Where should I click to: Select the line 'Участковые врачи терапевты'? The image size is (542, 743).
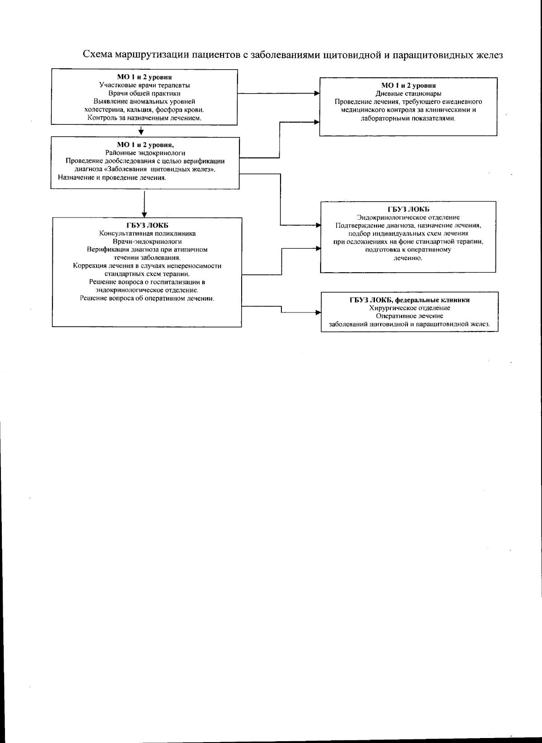145,85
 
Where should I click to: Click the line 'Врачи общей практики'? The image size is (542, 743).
145,93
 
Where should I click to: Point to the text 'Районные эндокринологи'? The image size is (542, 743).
145,153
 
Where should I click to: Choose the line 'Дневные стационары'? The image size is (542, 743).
408,94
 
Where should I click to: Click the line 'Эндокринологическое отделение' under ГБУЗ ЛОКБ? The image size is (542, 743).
408,218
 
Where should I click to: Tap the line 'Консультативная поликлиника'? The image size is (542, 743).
147,233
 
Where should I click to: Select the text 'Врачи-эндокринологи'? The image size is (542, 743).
147,241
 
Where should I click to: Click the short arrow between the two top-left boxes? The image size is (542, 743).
141,131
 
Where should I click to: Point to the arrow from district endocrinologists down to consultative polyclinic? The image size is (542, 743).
144,203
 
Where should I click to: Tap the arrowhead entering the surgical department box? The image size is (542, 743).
318,312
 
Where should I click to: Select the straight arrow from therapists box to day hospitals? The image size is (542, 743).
278,94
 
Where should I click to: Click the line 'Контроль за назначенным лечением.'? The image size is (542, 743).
145,118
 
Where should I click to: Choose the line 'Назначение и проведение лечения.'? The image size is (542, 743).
112,178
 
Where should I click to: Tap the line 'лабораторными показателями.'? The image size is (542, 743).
408,118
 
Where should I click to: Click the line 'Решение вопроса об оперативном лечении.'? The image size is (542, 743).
147,298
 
